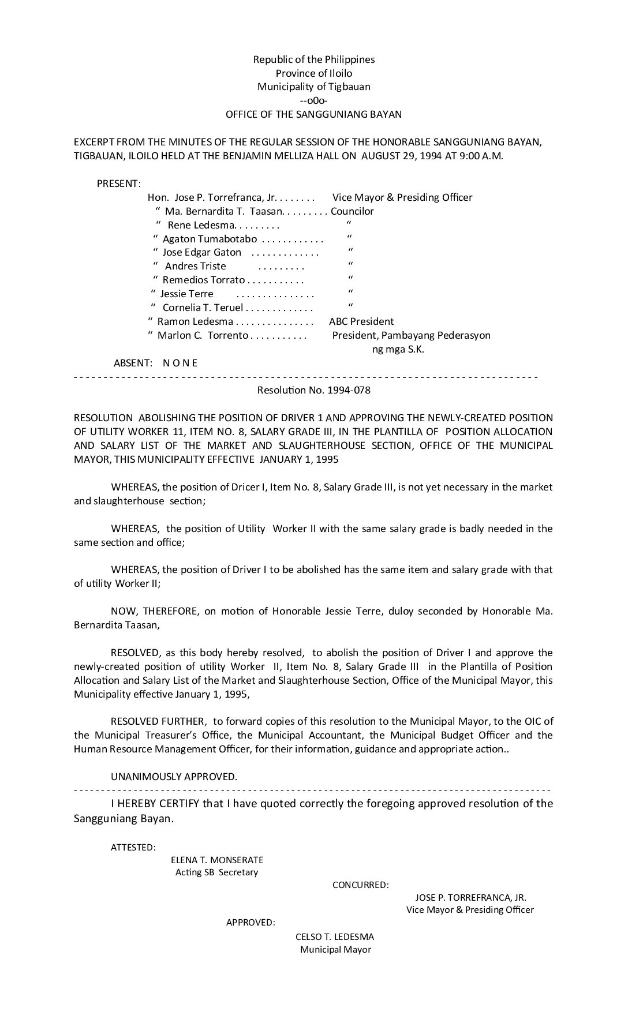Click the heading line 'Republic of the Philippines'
(x=314, y=59)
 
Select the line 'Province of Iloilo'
(x=314, y=73)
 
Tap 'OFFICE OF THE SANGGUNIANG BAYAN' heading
(x=313, y=114)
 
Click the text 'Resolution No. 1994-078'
(x=313, y=390)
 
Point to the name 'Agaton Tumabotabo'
(x=210, y=239)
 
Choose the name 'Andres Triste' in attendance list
(x=195, y=267)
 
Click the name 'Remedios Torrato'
(x=204, y=280)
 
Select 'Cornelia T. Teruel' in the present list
(x=203, y=308)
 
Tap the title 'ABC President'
(x=361, y=321)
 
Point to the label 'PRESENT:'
(x=118, y=184)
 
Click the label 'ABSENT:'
(x=133, y=363)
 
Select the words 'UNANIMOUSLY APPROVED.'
(x=174, y=777)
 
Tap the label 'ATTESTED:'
(x=133, y=848)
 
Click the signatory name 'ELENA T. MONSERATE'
(x=217, y=860)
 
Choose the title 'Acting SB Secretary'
(x=217, y=872)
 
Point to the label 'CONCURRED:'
(x=360, y=885)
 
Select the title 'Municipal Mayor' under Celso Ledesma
(x=335, y=950)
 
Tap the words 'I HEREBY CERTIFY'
(x=155, y=804)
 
